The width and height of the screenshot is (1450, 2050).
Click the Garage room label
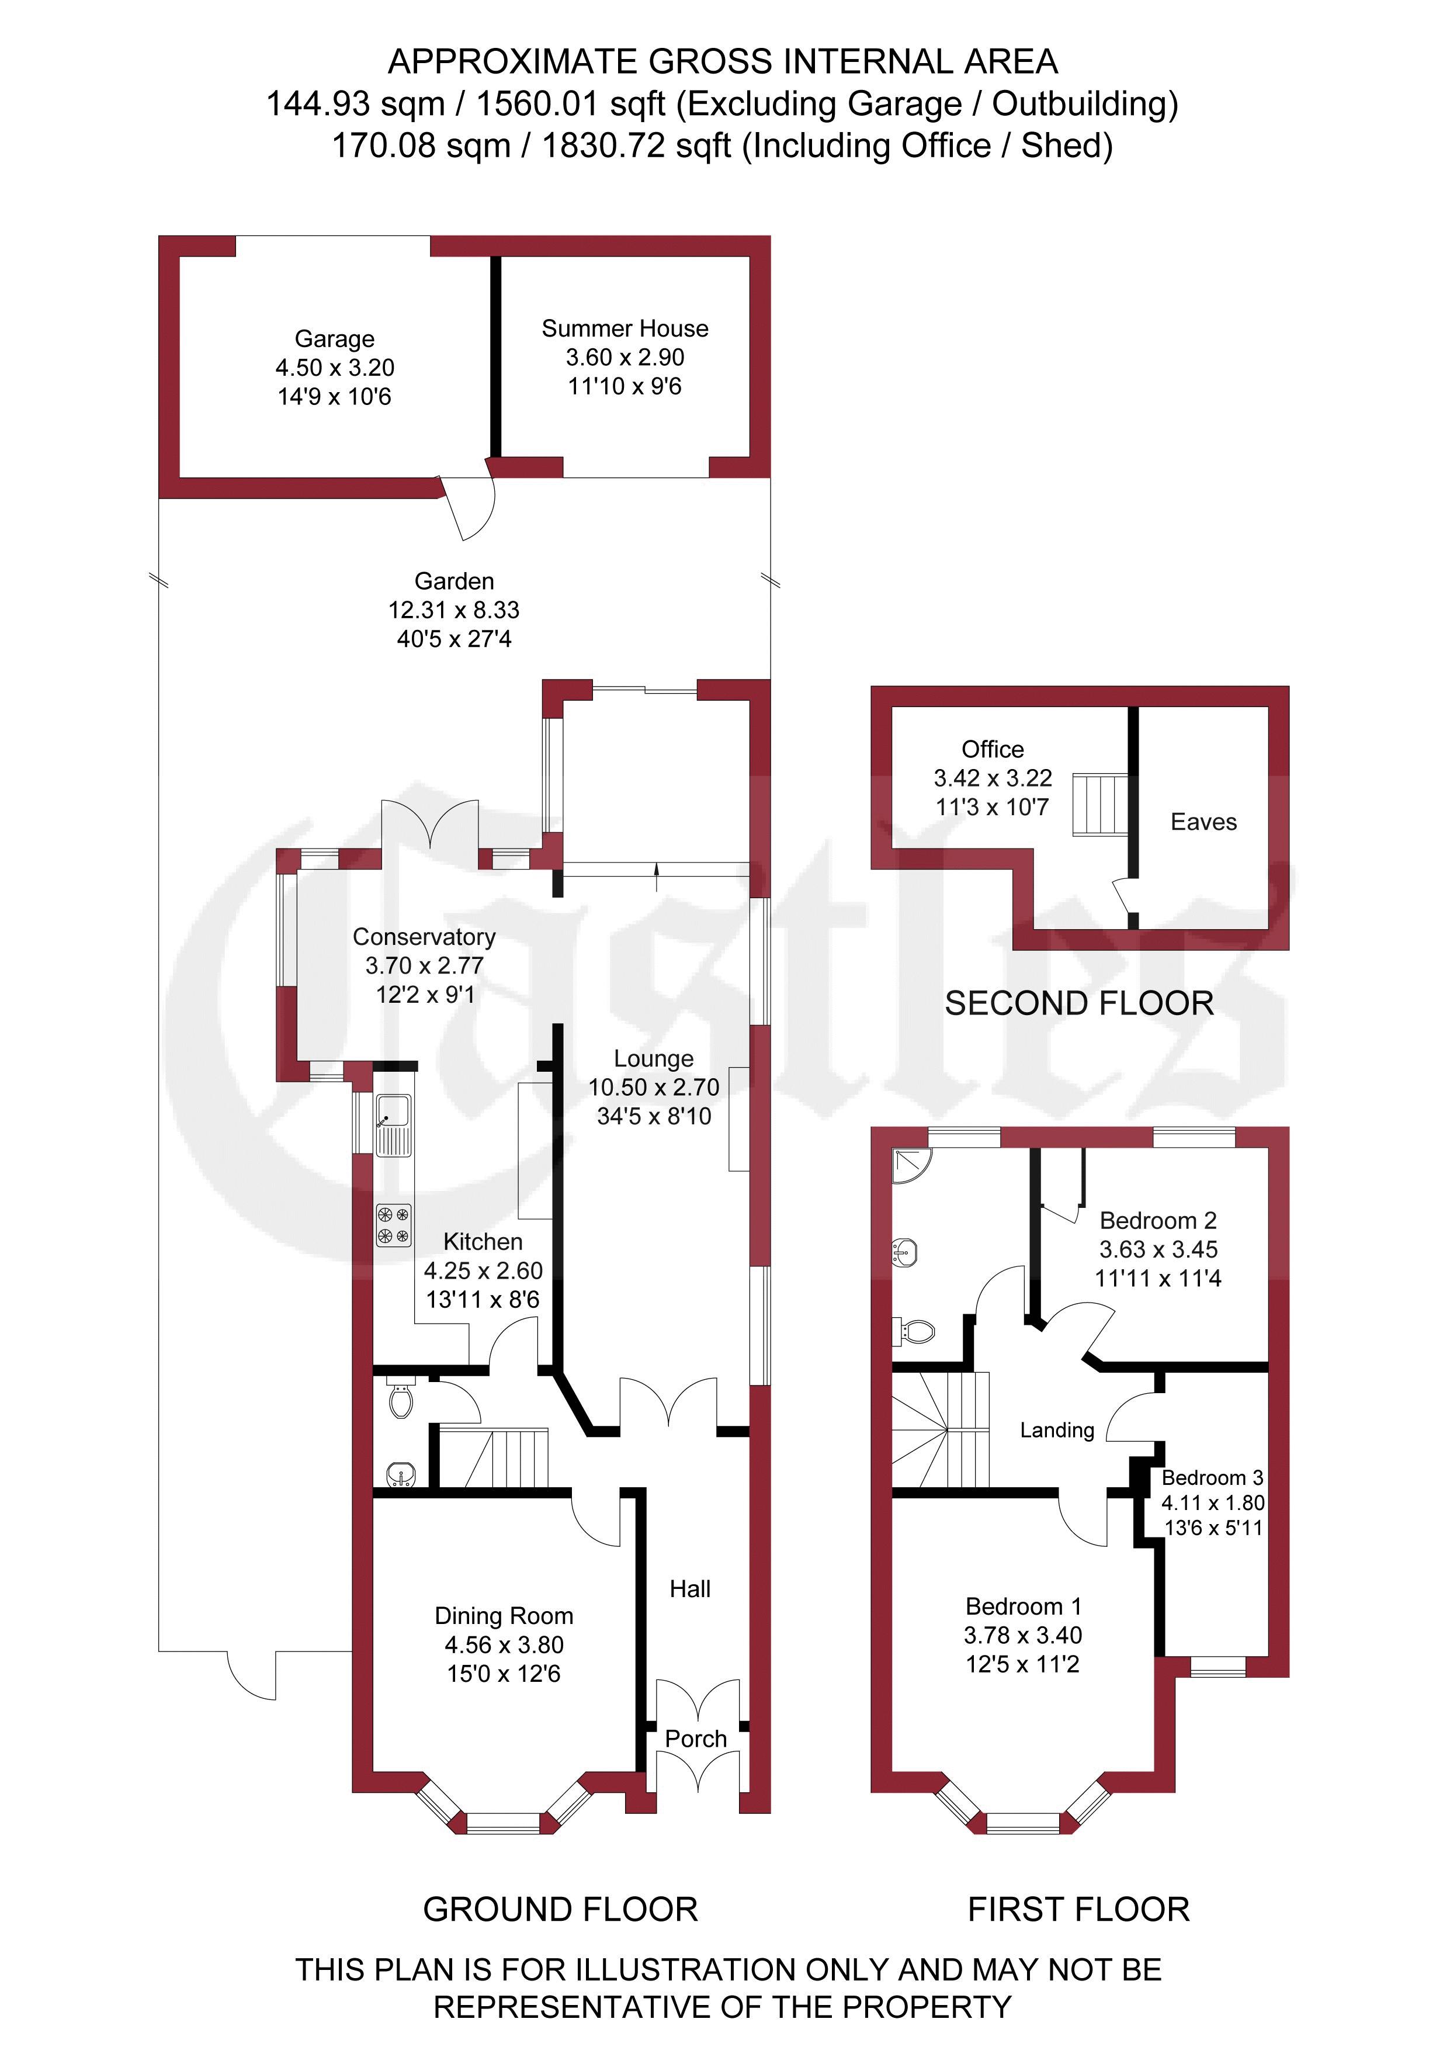click(335, 340)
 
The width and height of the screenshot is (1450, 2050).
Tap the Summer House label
click(625, 328)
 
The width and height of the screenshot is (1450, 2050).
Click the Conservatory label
click(424, 937)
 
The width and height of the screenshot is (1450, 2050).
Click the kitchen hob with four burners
click(394, 1225)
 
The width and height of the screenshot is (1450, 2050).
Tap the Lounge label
click(654, 1059)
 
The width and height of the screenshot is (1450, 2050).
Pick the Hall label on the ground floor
click(690, 1590)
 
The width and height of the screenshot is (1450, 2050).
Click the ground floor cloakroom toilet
click(402, 1400)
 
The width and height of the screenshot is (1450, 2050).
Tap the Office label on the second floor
click(993, 749)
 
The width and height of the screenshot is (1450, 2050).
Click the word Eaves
click(1203, 822)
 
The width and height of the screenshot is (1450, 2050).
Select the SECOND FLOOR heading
click(1080, 1003)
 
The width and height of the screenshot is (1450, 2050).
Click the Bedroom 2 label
click(1158, 1221)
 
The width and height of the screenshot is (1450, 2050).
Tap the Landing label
click(1057, 1431)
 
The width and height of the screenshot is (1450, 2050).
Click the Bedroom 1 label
click(1023, 1606)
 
